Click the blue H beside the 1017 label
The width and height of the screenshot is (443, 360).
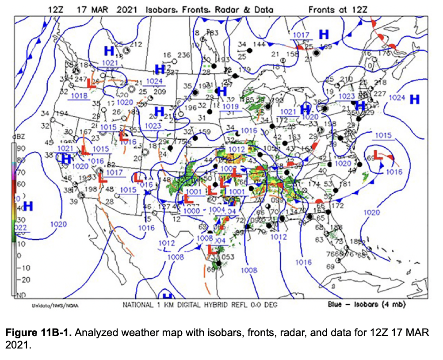pos(324,34)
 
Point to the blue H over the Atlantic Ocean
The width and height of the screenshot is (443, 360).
pos(414,99)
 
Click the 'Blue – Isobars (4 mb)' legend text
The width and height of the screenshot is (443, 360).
pos(367,305)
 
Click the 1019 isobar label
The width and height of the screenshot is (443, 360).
pos(230,107)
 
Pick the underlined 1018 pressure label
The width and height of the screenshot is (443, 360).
pos(79,96)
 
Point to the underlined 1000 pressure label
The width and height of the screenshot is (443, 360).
pos(191,211)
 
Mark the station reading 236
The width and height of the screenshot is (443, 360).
pos(183,55)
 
